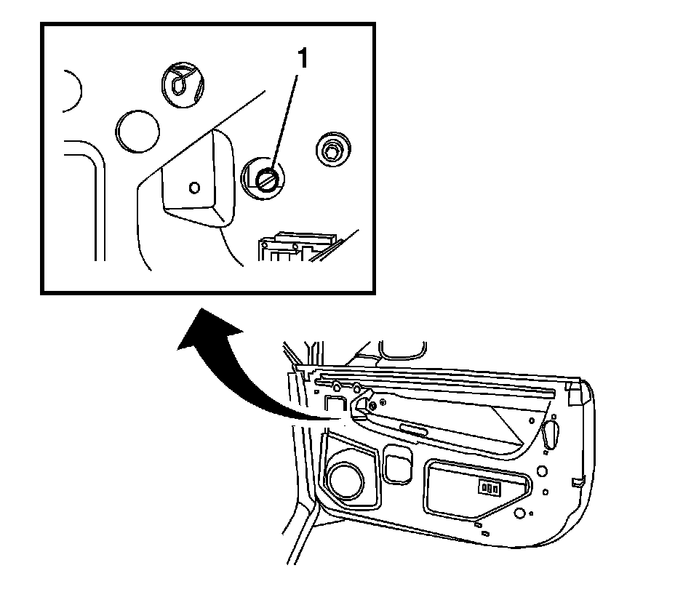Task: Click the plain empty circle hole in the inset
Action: point(137,131)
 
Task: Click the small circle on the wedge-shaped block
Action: point(193,187)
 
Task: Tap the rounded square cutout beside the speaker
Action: point(396,468)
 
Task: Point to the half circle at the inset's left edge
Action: point(71,90)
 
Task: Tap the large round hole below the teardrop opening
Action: point(542,471)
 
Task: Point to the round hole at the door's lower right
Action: point(519,513)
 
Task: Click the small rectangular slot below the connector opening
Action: point(478,524)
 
